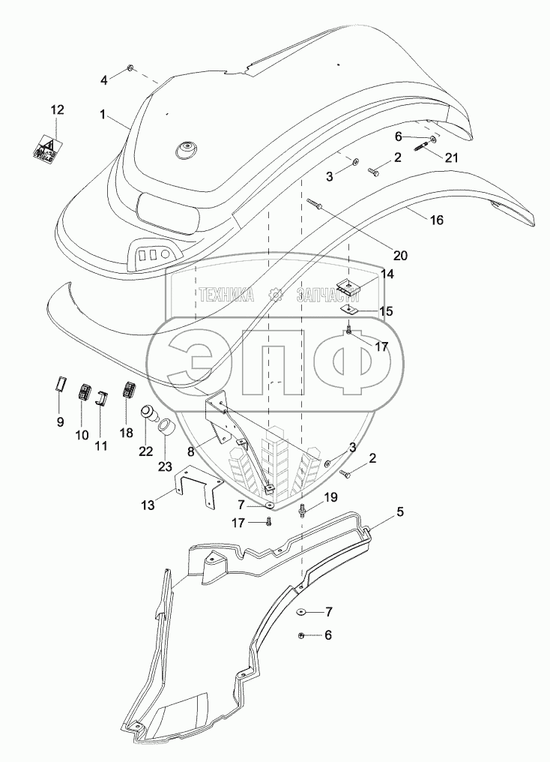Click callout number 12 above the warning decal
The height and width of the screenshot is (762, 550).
point(58,109)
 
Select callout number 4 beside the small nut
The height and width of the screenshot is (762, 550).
point(105,78)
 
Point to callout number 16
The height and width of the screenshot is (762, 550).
point(437,220)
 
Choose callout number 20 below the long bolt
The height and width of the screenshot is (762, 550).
point(400,255)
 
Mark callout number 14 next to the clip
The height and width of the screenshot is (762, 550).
point(387,274)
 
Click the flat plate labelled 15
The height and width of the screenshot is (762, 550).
point(349,309)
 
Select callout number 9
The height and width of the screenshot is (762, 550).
point(61,422)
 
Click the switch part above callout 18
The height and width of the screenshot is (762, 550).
point(128,391)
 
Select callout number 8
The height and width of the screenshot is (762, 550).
point(191,451)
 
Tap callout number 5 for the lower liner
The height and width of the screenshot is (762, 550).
point(400,512)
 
